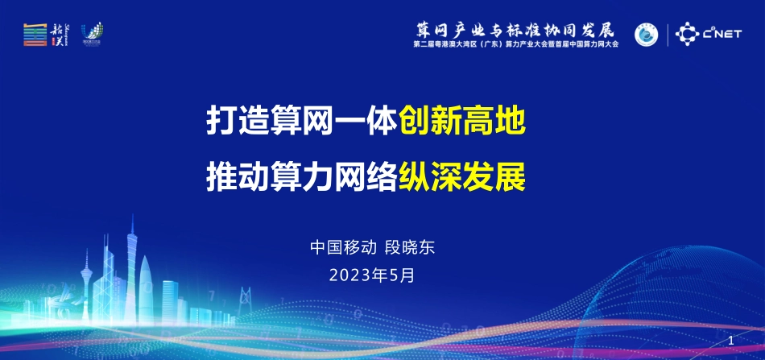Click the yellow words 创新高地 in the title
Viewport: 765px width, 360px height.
coord(462,123)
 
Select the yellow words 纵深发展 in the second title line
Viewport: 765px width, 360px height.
coord(462,176)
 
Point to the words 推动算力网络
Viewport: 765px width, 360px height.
coord(302,176)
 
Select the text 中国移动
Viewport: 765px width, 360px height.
coord(338,247)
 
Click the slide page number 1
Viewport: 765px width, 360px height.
coord(730,341)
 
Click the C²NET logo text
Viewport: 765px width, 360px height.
coord(722,34)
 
